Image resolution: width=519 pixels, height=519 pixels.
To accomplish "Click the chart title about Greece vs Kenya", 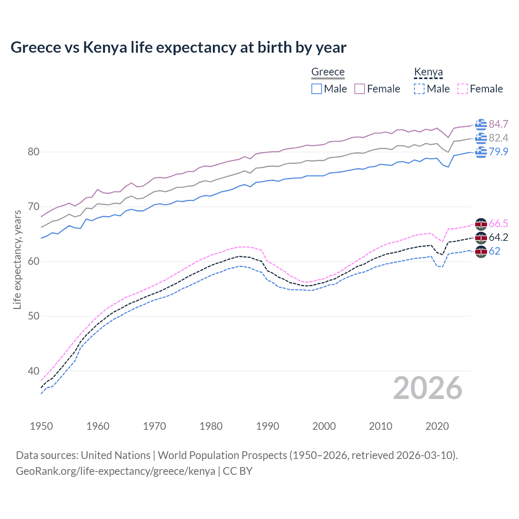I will [x=178, y=47].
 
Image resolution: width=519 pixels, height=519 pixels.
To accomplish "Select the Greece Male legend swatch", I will [x=317, y=89].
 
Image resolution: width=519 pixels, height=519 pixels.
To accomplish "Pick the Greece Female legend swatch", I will [x=360, y=89].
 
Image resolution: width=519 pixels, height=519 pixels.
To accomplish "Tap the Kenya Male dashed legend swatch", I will [x=419, y=89].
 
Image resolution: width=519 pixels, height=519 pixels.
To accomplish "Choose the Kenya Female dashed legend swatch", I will [x=463, y=89].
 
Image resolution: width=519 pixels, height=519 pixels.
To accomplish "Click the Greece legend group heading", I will [x=328, y=72].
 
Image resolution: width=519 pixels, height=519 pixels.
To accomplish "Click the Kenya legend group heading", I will [x=428, y=72].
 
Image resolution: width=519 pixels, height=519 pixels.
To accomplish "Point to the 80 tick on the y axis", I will [x=33, y=152].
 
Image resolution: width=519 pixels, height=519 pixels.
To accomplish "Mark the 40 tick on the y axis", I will [x=33, y=371].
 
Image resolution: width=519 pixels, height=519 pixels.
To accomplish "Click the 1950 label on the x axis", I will [x=41, y=426].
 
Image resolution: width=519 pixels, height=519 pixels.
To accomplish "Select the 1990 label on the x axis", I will [x=268, y=426].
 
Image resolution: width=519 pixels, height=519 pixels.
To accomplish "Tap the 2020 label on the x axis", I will [x=437, y=426].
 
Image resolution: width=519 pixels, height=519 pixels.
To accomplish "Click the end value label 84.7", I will [x=498, y=124].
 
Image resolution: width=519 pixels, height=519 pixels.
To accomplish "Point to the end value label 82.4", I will [x=498, y=138].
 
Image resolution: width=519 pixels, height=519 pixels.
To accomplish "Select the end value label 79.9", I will [x=498, y=152].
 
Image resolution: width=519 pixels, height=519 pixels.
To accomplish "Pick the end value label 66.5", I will [x=498, y=223].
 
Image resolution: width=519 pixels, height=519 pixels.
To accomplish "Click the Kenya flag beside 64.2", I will [x=481, y=238].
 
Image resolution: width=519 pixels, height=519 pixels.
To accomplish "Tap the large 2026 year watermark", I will [x=428, y=388].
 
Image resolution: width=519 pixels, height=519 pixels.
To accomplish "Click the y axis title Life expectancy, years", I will [x=17, y=259].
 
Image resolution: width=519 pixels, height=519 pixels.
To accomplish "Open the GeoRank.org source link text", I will [x=116, y=471].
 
